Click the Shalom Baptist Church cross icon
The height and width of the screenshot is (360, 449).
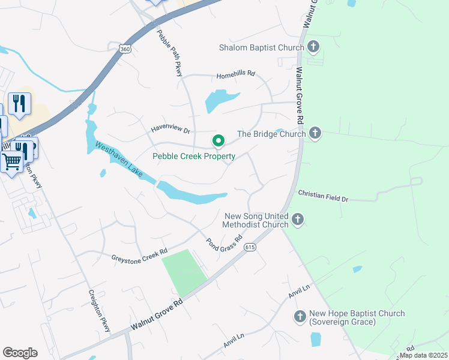click(x=313, y=47)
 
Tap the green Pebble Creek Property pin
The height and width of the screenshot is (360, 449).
click(x=218, y=142)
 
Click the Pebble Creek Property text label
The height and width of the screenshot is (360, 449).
click(x=194, y=156)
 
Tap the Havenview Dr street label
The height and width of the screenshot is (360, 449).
click(x=170, y=129)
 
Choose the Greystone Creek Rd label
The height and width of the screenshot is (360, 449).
click(x=139, y=255)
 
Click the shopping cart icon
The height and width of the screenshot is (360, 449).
click(x=12, y=161)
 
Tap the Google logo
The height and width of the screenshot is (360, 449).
click(x=20, y=352)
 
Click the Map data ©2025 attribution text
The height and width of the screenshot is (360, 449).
click(x=423, y=355)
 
